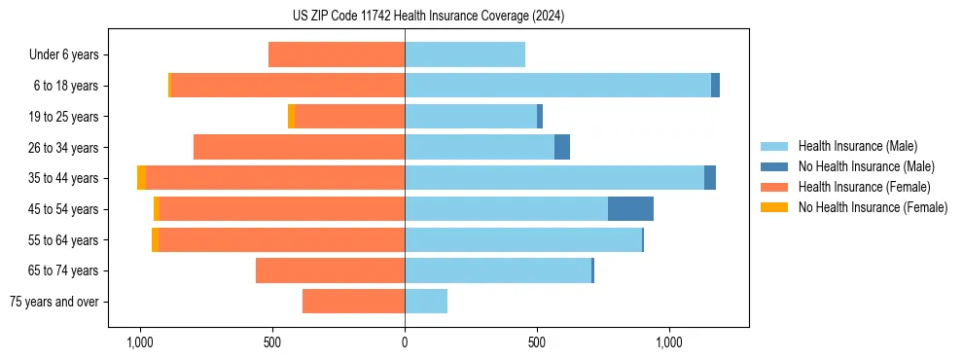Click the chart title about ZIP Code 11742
click(x=428, y=16)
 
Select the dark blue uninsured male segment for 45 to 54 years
click(x=630, y=209)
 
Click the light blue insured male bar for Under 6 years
click(x=465, y=54)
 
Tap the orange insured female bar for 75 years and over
click(x=353, y=302)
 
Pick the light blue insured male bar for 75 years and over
click(x=426, y=302)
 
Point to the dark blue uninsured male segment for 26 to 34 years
click(x=562, y=147)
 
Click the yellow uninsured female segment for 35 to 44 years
click(x=141, y=178)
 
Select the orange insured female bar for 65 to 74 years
click(x=330, y=270)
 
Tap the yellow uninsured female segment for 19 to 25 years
click(x=291, y=117)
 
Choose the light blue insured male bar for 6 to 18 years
click(x=557, y=86)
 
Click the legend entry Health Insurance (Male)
click(x=857, y=146)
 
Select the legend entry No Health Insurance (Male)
click(x=866, y=166)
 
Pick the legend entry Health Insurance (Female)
click(x=861, y=187)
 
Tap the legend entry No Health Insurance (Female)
click(x=873, y=207)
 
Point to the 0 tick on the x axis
click(x=405, y=343)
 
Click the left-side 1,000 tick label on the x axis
click(x=140, y=343)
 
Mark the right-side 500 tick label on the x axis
click(x=537, y=343)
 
